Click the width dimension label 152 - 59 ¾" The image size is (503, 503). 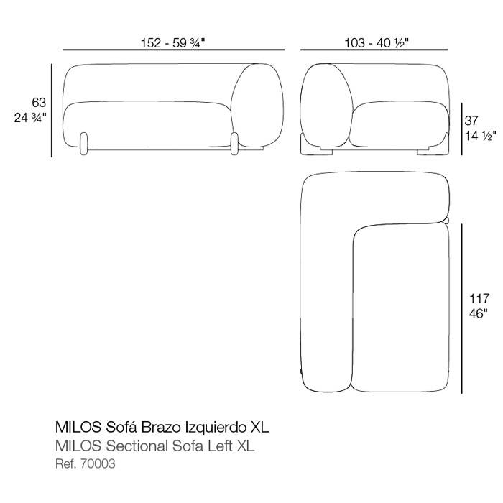tap(172, 42)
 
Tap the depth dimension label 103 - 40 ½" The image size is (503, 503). tap(377, 42)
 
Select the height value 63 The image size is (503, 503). tap(39, 103)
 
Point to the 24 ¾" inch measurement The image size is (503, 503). tap(30, 118)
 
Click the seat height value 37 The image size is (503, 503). tap(471, 121)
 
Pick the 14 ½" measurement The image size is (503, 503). tap(481, 136)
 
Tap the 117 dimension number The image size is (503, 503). tap(479, 299)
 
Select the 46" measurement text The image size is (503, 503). tap(478, 313)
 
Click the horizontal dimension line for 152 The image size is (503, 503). tap(174, 50)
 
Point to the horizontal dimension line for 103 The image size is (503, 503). tap(374, 50)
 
